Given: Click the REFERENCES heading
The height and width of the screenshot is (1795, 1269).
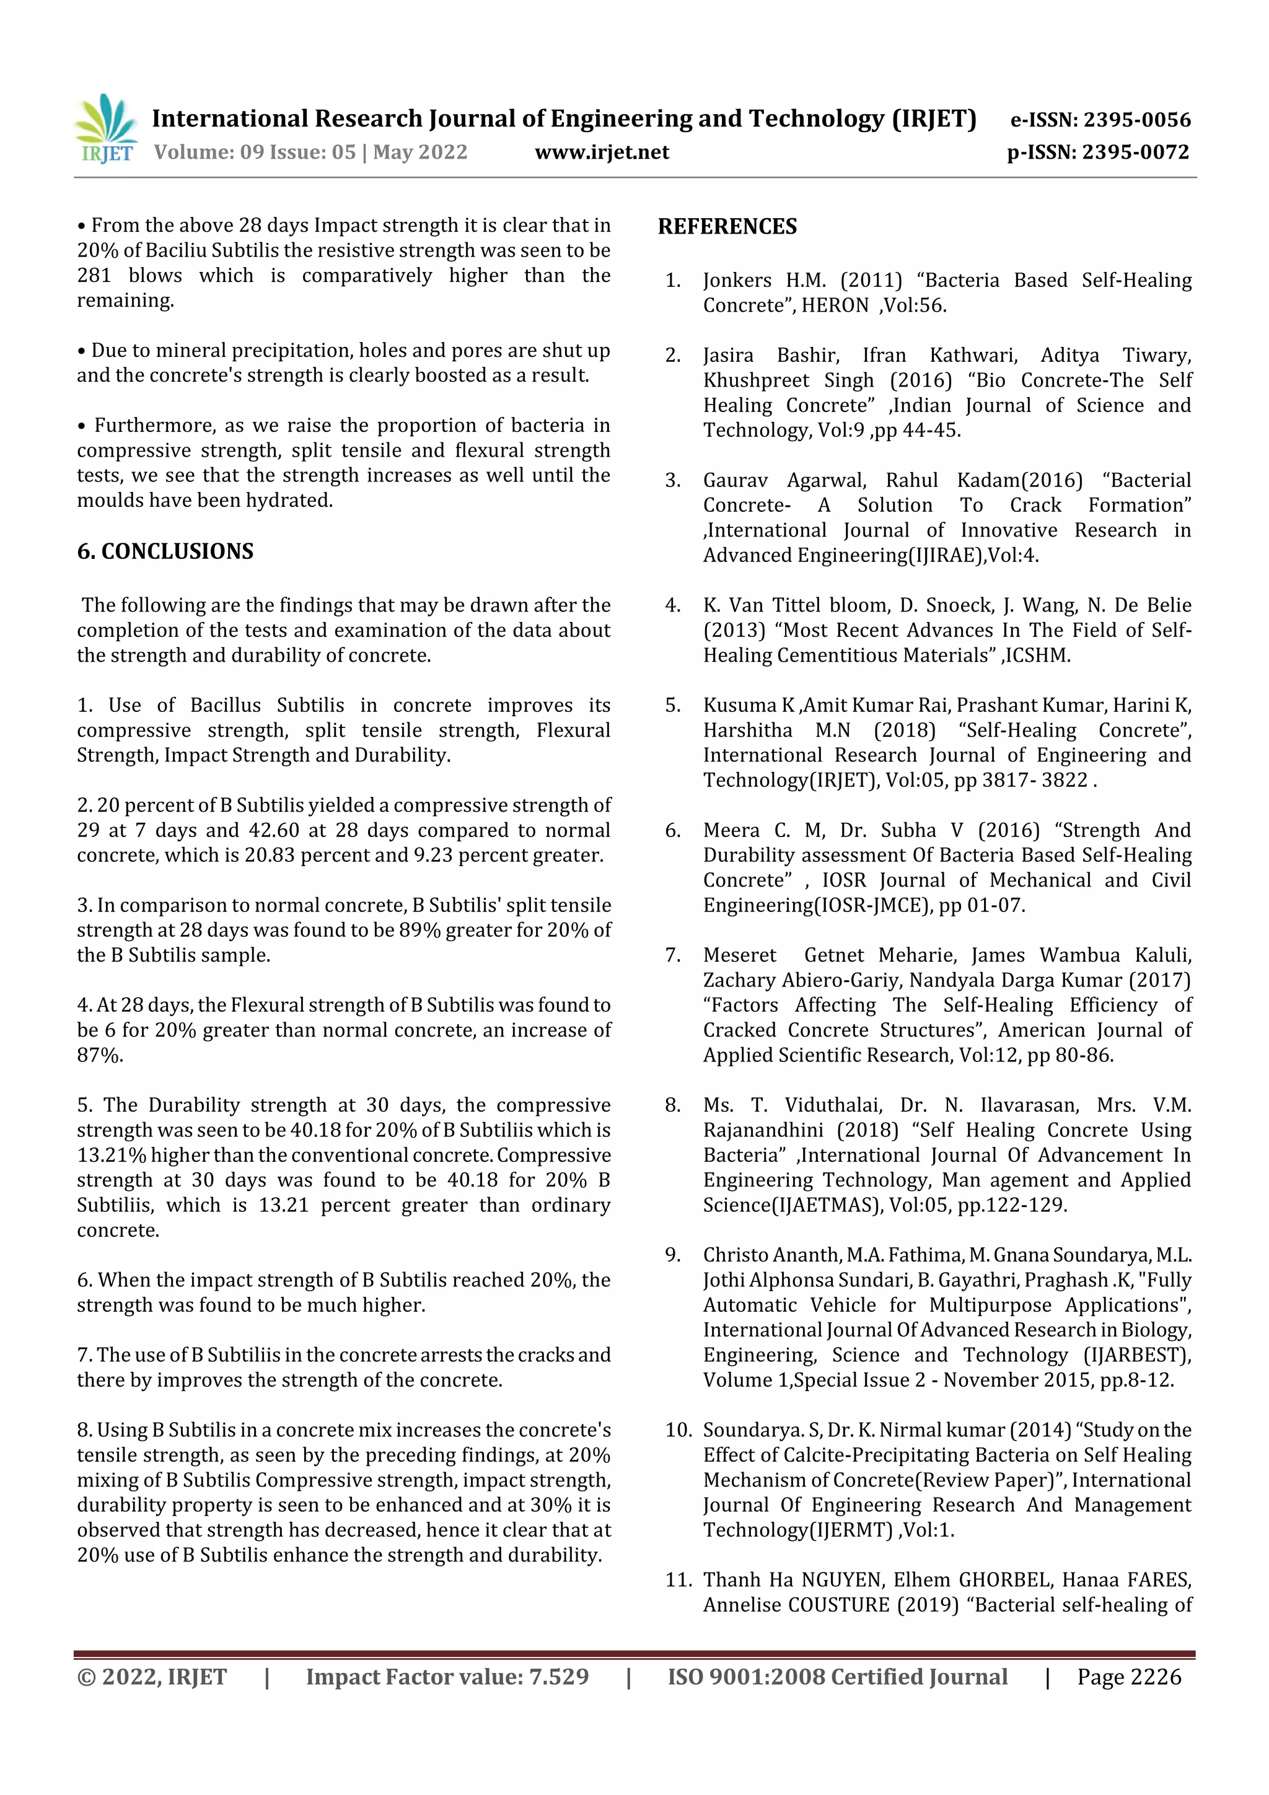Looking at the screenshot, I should (727, 227).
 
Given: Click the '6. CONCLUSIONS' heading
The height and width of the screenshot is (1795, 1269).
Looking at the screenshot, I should (165, 551).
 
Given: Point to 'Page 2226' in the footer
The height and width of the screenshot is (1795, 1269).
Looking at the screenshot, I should (1128, 1676).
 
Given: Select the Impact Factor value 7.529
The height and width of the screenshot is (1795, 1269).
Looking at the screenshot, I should (558, 1676).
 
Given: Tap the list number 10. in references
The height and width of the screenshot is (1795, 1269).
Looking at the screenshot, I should (678, 1430).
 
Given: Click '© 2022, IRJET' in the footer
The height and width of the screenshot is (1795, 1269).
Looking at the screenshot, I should (152, 1676).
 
